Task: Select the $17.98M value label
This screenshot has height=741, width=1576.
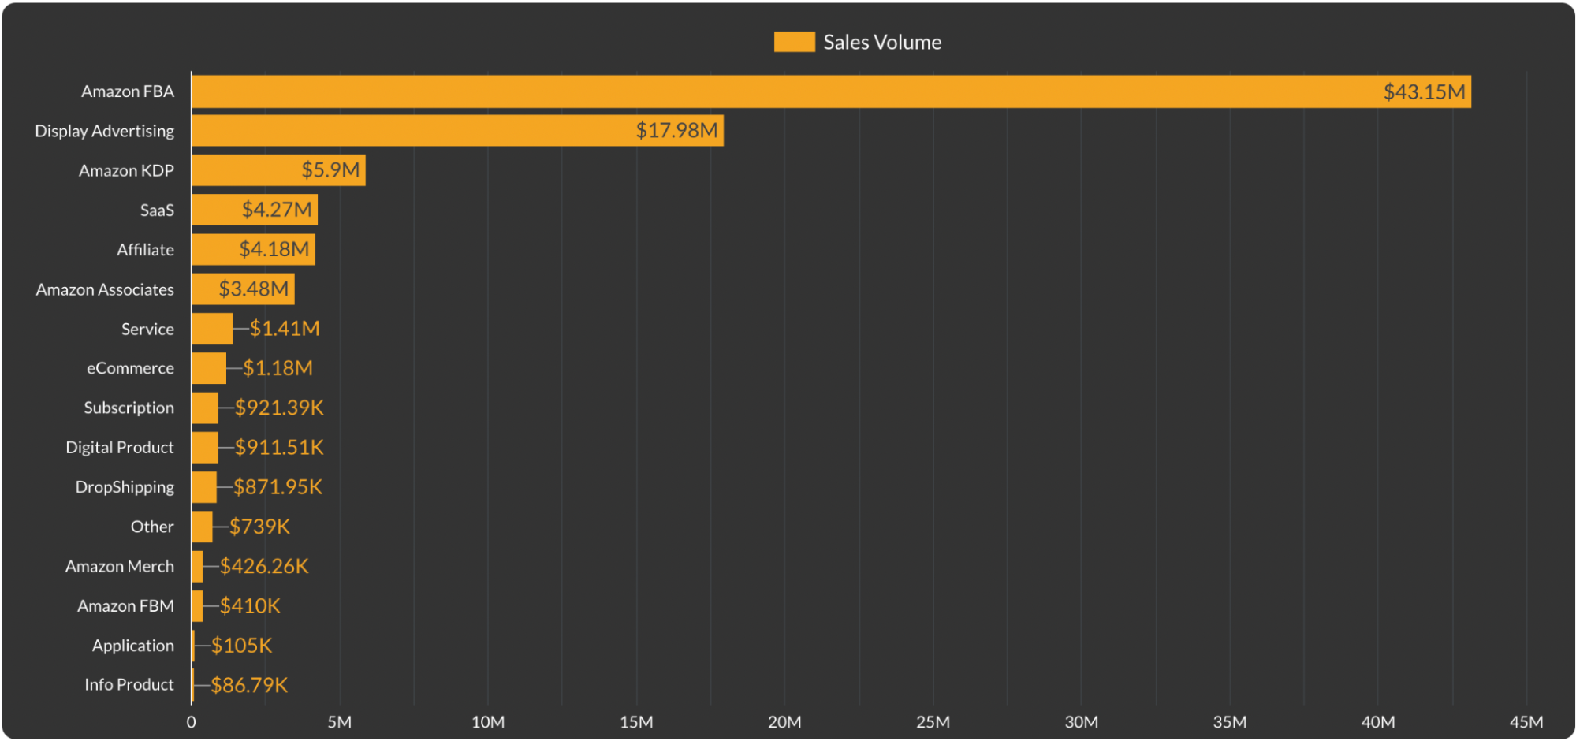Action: point(676,130)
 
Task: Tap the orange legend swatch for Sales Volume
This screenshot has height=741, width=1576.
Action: point(794,42)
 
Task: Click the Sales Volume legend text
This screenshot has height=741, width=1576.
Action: point(882,43)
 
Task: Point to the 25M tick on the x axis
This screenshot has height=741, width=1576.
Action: point(933,722)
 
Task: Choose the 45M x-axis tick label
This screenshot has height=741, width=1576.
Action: point(1526,722)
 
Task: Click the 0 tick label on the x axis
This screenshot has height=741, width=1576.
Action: point(191,722)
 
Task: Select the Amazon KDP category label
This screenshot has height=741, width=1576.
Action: point(126,170)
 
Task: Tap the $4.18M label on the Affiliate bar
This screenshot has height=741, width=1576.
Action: point(274,249)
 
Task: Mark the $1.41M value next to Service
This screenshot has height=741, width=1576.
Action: point(285,329)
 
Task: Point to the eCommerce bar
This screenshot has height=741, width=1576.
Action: point(209,368)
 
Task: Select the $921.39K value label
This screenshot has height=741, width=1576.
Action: point(279,408)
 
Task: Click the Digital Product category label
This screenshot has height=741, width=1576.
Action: point(120,447)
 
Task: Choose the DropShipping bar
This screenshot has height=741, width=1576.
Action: point(204,487)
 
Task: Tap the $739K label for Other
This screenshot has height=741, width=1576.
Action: point(259,527)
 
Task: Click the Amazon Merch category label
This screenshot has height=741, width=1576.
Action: point(120,566)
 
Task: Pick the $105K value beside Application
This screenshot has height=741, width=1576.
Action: point(241,646)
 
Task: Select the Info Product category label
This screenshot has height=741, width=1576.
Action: point(129,684)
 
